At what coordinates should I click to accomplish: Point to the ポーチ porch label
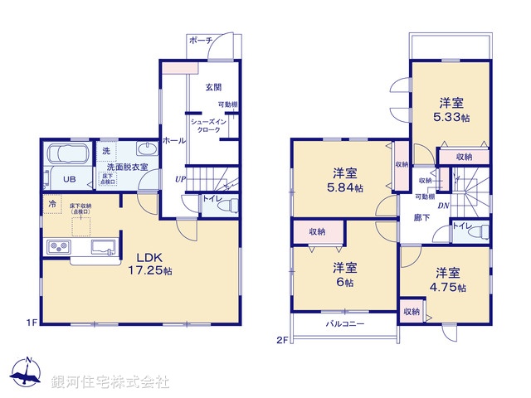click(201, 41)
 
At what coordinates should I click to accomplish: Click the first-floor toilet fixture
click(227, 205)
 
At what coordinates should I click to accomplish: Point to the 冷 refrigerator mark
click(51, 203)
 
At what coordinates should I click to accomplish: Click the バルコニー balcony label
click(344, 323)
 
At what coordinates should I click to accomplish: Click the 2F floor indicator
click(283, 339)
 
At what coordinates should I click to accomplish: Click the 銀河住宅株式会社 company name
click(110, 382)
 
